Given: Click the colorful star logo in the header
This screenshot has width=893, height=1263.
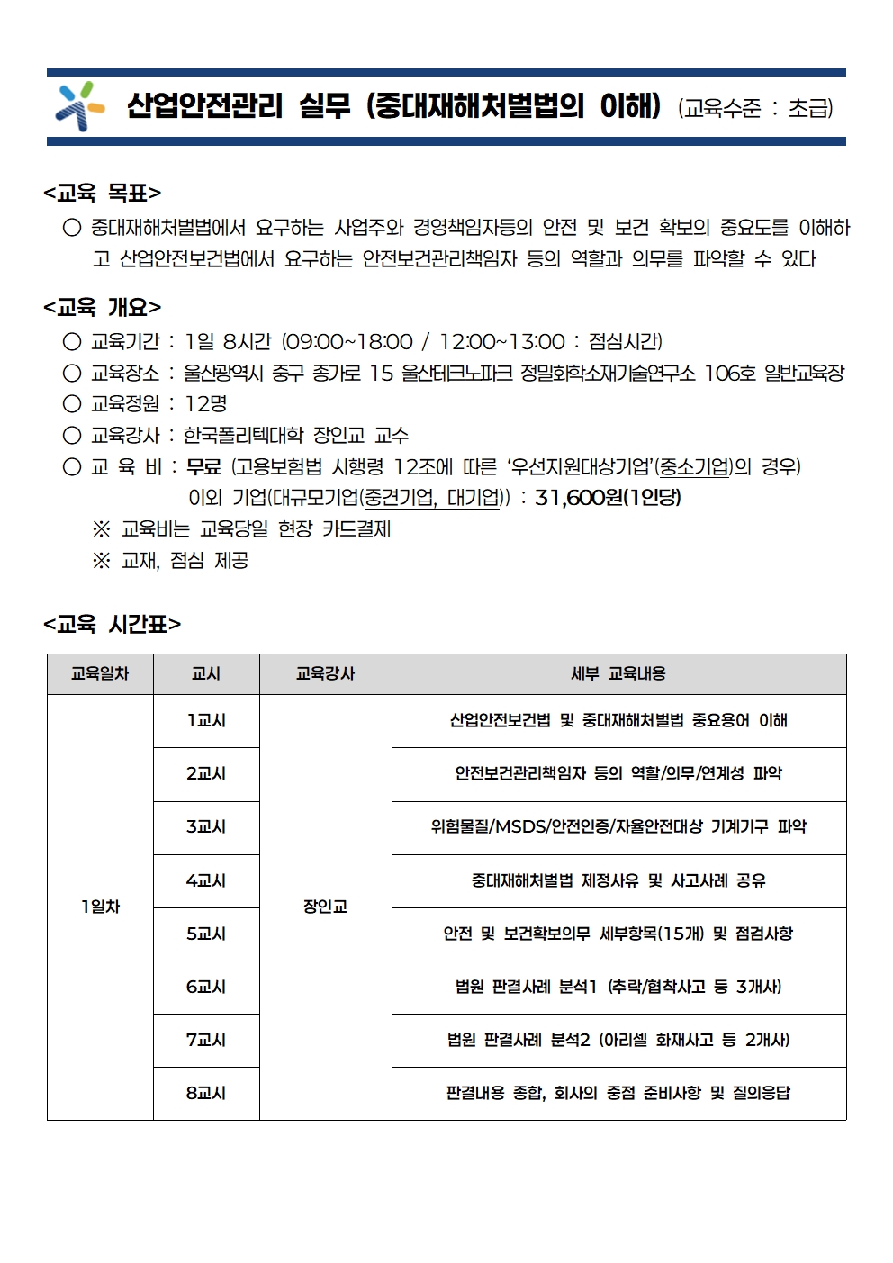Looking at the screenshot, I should tap(79, 106).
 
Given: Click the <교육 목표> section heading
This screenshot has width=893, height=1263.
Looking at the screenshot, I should tap(102, 193).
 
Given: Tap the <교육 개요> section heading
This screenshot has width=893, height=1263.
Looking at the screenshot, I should tap(102, 308).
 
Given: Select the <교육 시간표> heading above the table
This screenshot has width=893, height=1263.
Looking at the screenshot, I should tap(112, 625).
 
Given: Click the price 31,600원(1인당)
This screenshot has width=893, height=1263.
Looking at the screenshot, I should tap(608, 498).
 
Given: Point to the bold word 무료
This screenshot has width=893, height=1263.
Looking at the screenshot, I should tap(203, 466).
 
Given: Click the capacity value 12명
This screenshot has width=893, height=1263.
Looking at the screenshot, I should tap(205, 404).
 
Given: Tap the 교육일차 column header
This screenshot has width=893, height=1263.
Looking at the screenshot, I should tap(100, 673).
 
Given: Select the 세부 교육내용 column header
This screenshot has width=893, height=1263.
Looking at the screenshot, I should tap(618, 673).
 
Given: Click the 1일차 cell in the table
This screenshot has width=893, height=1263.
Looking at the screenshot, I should tap(100, 907).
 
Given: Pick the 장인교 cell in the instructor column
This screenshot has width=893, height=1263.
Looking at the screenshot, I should tap(325, 907).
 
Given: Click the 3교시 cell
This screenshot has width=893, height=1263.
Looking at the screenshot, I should tap(206, 827).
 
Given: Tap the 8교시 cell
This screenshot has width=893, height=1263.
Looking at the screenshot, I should tap(206, 1093).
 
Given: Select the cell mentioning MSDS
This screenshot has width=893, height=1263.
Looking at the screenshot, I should tap(618, 827).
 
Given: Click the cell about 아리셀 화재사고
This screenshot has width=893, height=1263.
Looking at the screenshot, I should tap(618, 1040).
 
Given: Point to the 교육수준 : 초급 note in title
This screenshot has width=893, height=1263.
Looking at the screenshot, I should tap(755, 109).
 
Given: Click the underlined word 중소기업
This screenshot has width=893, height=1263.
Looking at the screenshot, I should tap(694, 466).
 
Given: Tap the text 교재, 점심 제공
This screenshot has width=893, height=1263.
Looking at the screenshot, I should tap(185, 561).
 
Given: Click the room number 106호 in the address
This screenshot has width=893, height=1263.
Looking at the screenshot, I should tap(729, 373).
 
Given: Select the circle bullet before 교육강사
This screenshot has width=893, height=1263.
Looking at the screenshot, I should tap(72, 436).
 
